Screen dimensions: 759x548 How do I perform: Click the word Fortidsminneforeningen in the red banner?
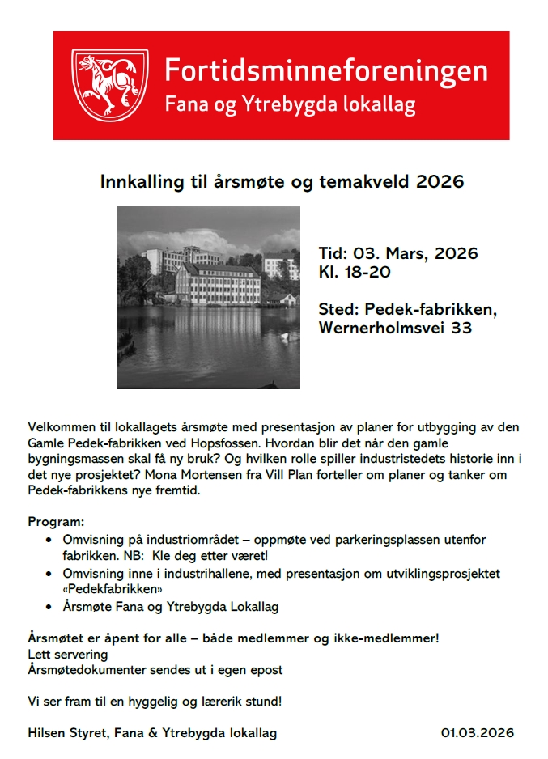(x=325, y=70)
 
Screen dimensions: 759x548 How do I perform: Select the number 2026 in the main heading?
(x=440, y=181)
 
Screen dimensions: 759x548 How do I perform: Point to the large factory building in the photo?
(x=217, y=284)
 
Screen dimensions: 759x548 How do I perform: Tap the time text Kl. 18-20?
(x=355, y=272)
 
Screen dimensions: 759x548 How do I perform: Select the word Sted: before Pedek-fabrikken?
(x=338, y=310)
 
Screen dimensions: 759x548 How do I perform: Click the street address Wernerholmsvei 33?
(x=393, y=329)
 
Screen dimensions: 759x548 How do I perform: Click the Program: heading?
(x=56, y=523)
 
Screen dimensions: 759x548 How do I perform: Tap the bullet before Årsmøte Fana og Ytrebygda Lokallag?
(x=51, y=606)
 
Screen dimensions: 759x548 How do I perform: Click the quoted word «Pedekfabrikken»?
(x=106, y=589)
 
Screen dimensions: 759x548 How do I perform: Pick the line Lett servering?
(x=68, y=654)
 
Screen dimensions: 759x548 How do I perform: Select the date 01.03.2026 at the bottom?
(x=477, y=733)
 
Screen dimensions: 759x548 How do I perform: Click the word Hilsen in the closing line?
(x=47, y=733)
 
